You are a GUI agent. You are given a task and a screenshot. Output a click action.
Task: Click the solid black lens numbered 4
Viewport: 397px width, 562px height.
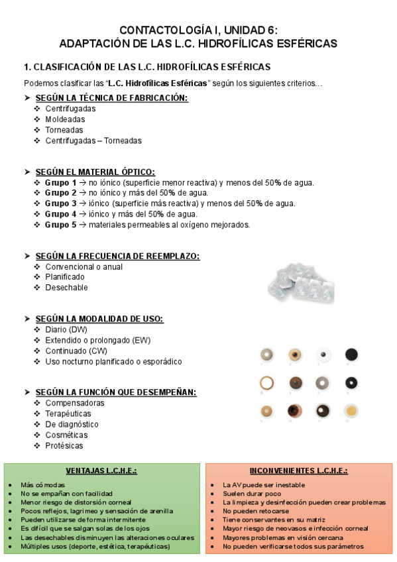pyautogui.click(x=351, y=355)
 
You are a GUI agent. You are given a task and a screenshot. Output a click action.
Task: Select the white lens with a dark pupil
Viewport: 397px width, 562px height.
pyautogui.click(x=323, y=355)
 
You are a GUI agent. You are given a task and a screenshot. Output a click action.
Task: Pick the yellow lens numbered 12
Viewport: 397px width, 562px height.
pyautogui.click(x=351, y=411)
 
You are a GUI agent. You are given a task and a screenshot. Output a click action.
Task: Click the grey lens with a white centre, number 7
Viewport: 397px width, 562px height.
pyautogui.click(x=323, y=383)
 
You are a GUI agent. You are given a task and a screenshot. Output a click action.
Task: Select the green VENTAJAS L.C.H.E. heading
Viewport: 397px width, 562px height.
pyautogui.click(x=101, y=471)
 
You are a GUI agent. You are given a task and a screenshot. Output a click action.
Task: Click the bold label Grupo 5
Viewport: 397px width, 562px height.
pyautogui.click(x=60, y=225)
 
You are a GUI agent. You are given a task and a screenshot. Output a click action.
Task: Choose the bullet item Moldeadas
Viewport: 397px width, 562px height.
pyautogui.click(x=65, y=119)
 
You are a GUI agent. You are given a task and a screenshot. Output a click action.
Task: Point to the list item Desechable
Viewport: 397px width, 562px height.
pyautogui.click(x=66, y=288)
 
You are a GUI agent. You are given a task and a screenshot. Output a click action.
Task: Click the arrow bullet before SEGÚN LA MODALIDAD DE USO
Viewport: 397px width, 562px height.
pyautogui.click(x=27, y=319)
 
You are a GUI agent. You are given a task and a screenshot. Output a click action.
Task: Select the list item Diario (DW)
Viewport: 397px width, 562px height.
pyautogui.click(x=66, y=329)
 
